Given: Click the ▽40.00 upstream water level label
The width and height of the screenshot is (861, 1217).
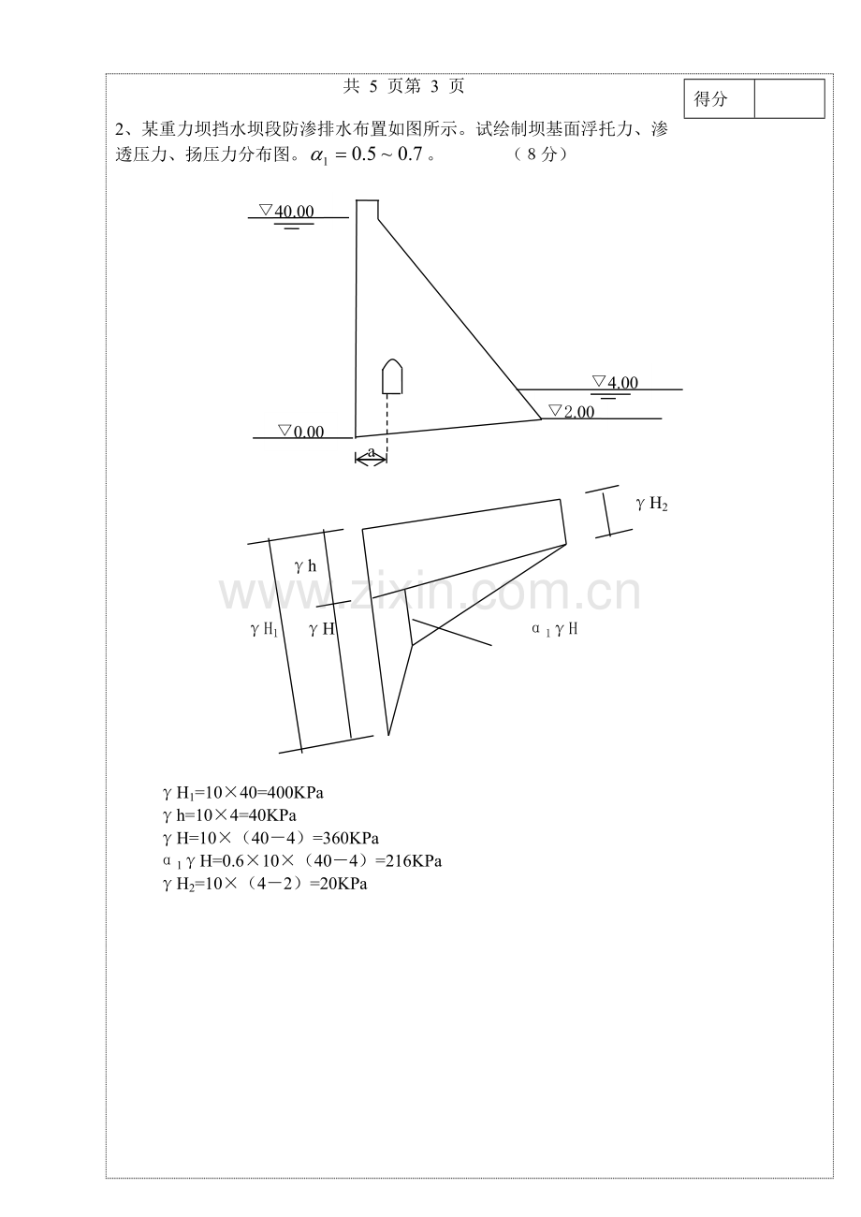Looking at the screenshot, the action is [286, 211].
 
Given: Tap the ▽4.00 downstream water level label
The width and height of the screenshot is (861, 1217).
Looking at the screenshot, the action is [615, 383].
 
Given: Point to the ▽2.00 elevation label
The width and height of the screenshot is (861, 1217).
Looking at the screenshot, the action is [572, 411].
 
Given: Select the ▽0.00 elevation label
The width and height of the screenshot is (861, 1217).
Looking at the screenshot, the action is [301, 432].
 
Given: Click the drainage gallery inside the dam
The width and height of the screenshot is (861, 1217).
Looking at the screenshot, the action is [391, 376].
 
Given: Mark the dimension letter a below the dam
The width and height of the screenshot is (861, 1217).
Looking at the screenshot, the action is [371, 451].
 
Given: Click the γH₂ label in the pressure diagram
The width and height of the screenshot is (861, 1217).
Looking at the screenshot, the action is [651, 504].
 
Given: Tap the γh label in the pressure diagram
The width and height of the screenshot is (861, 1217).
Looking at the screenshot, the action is [305, 566].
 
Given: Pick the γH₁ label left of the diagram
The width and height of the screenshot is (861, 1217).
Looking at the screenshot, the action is [264, 630].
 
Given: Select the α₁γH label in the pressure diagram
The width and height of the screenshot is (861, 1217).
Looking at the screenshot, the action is [554, 629].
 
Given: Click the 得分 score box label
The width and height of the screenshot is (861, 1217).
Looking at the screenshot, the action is [710, 99].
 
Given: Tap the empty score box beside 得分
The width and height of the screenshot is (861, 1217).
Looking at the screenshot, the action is [789, 98].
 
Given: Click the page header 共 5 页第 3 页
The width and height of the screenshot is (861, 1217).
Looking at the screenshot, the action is [403, 86].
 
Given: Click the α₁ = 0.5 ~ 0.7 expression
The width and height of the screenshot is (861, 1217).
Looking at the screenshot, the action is [367, 154].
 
